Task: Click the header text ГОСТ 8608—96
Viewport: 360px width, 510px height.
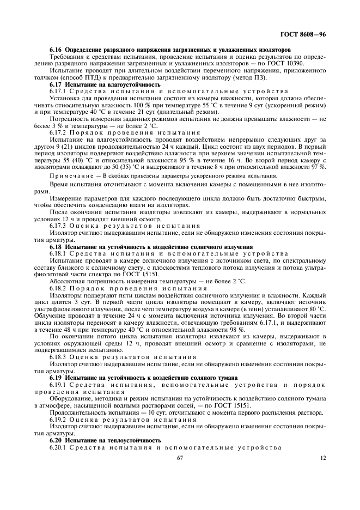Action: point(302,34)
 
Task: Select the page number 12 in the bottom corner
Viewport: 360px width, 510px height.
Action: point(322,458)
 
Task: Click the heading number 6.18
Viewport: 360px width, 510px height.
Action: point(56,247)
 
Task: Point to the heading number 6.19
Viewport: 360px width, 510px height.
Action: point(56,377)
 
